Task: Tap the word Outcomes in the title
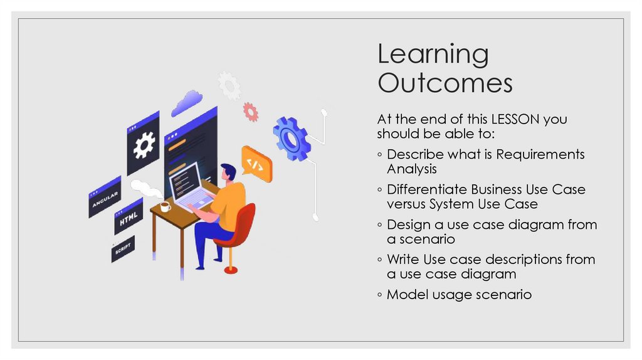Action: [445, 83]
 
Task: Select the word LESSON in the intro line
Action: [516, 119]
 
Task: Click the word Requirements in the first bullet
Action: [540, 154]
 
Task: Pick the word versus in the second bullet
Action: [406, 204]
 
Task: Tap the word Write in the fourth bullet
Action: [403, 259]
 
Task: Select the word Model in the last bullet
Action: [406, 294]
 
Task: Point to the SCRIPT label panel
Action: [123, 248]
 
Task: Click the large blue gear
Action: [291, 137]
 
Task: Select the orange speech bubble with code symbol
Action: [256, 164]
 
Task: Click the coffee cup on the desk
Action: [165, 206]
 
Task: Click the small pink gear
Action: [251, 112]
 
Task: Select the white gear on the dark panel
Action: [144, 146]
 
